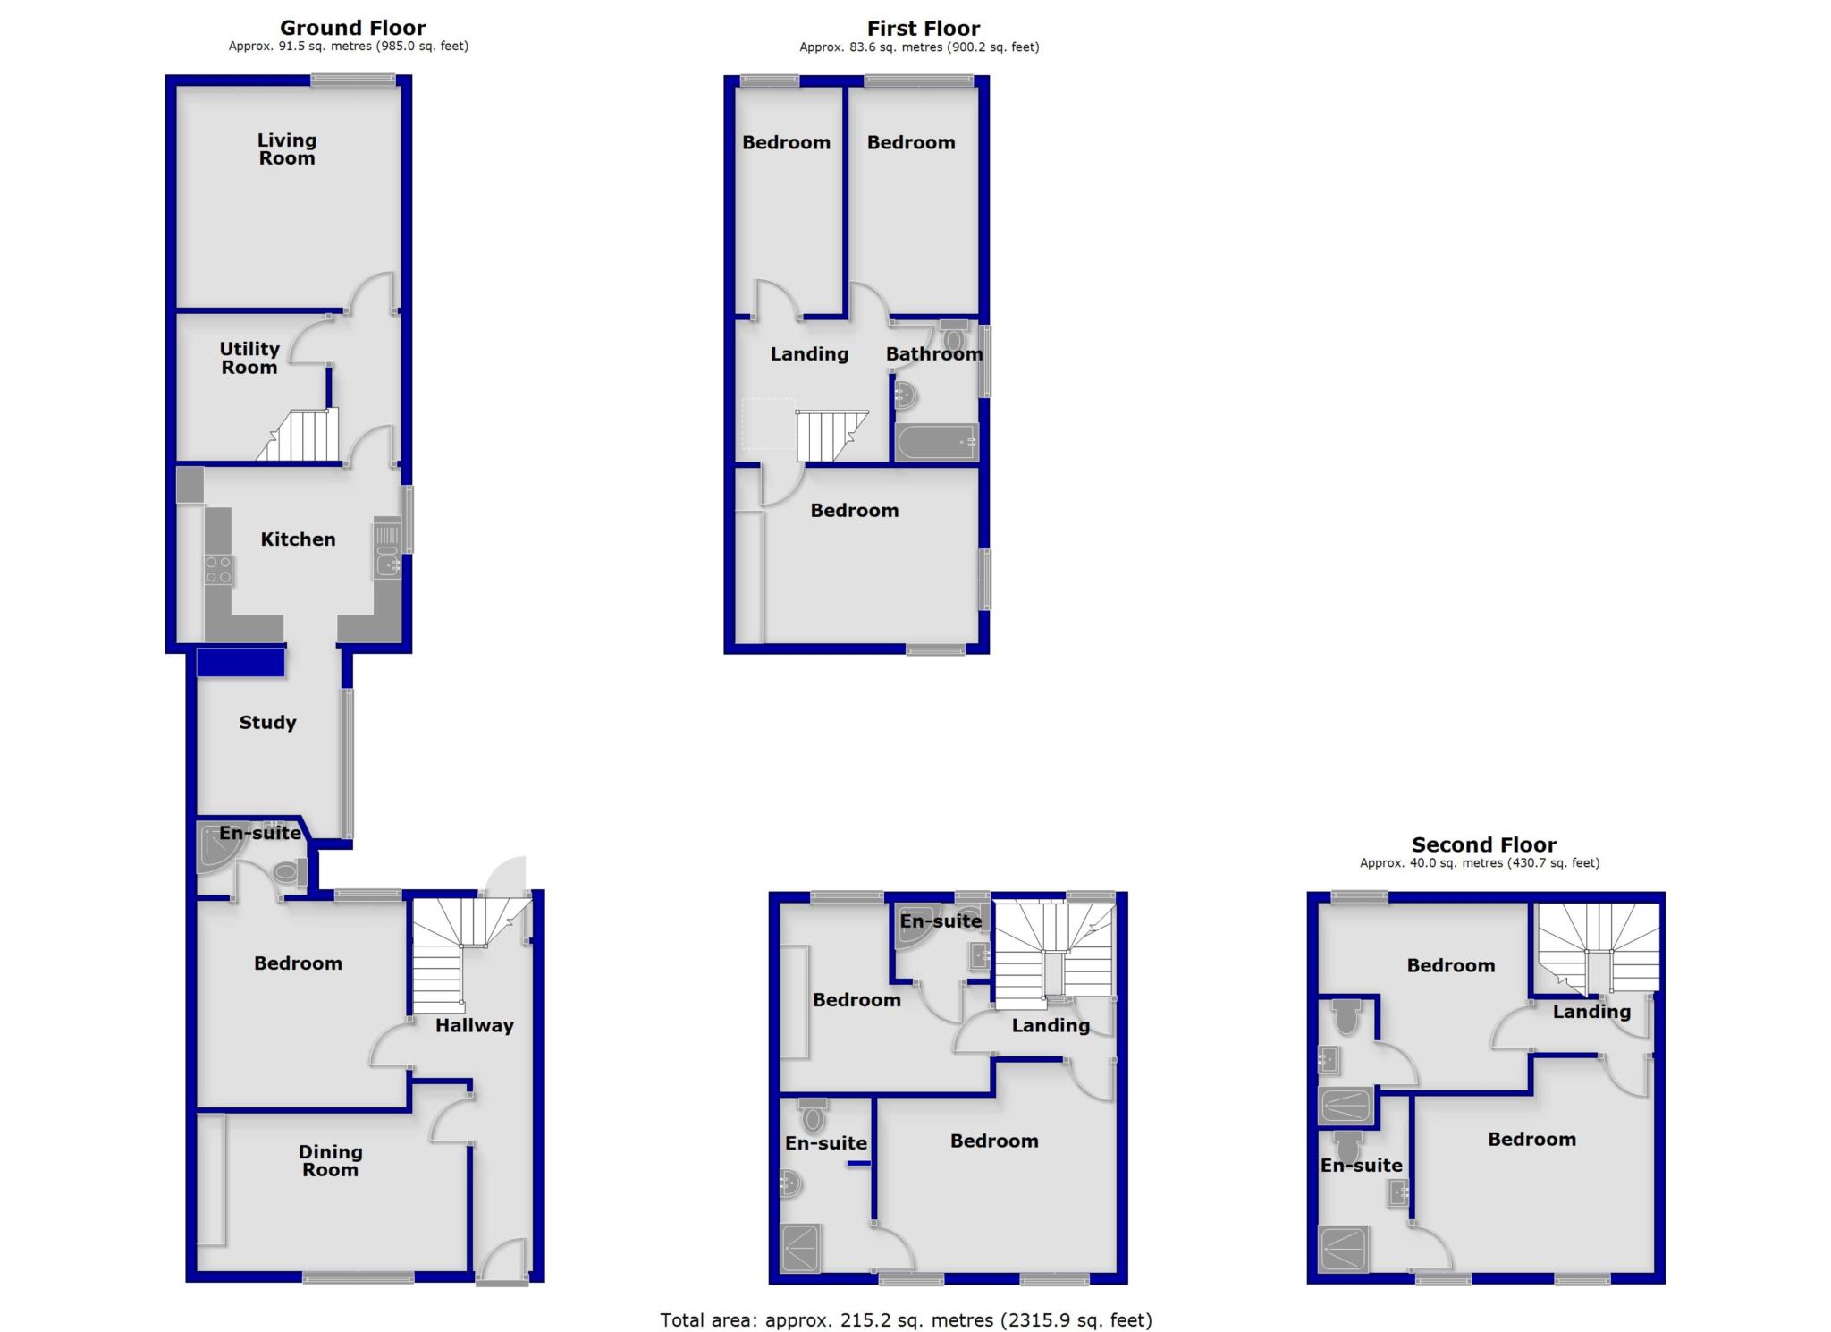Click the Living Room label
coord(286,149)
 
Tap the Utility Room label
coord(249,358)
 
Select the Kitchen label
coord(298,539)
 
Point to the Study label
coord(267,723)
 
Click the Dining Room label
coord(330,1161)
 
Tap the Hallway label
coord(474,1026)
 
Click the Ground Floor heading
coord(352,28)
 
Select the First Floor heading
coord(923,29)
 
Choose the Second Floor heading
coord(1483,844)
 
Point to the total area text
coord(906,1319)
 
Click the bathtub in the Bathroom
coord(936,442)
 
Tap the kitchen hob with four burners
coord(218,570)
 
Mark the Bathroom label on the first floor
coord(933,354)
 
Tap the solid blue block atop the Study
coord(240,662)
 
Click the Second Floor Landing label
coord(1591,1012)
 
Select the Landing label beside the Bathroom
coord(809,354)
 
